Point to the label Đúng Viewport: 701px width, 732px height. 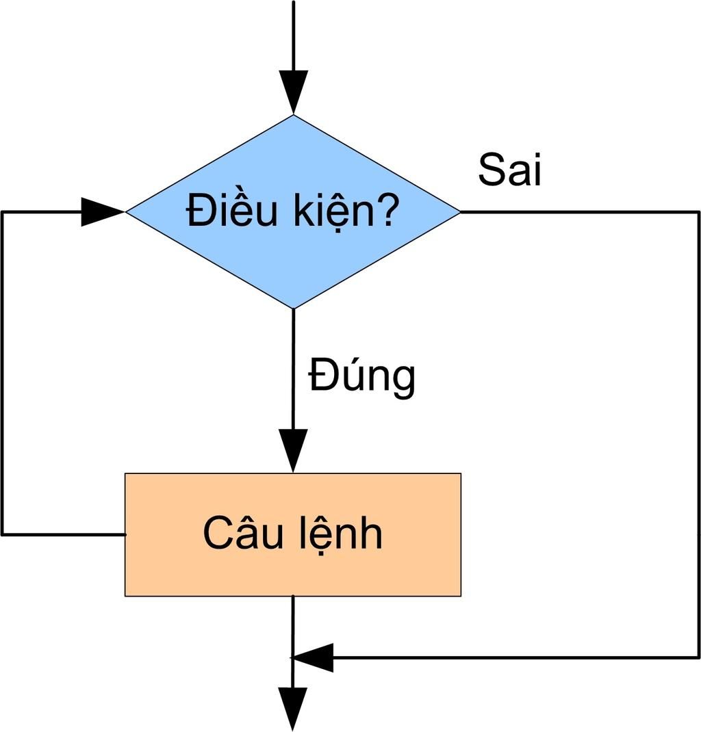pyautogui.click(x=361, y=376)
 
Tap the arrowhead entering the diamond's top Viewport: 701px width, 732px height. pyautogui.click(x=293, y=92)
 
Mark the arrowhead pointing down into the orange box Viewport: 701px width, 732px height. pyautogui.click(x=293, y=450)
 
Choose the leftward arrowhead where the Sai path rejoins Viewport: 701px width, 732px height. pyautogui.click(x=313, y=658)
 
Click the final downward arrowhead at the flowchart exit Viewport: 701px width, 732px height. pyautogui.click(x=293, y=709)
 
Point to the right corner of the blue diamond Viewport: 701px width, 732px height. pyautogui.click(x=459, y=212)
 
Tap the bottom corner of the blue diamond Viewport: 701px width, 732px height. pyautogui.click(x=293, y=307)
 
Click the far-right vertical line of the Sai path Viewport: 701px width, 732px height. pyautogui.click(x=698, y=438)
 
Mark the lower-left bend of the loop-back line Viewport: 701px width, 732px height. pyautogui.click(x=3, y=534)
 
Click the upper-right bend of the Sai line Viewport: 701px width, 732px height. pyautogui.click(x=698, y=212)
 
